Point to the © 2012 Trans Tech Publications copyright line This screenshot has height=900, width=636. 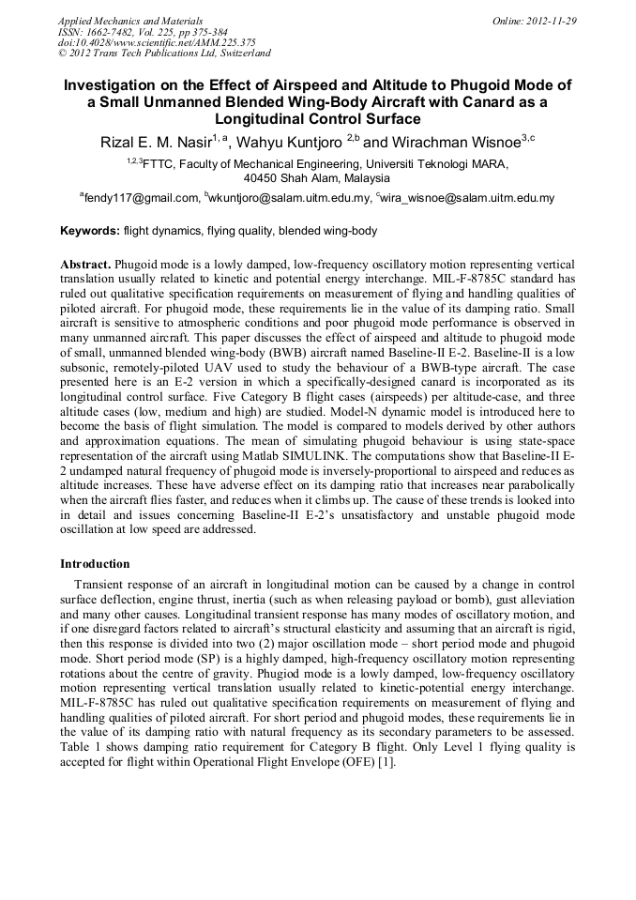click(x=164, y=53)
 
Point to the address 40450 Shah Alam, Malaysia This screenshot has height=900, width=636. click(x=317, y=177)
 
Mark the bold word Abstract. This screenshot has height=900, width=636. click(x=84, y=266)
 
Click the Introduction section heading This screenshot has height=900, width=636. click(x=95, y=564)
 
